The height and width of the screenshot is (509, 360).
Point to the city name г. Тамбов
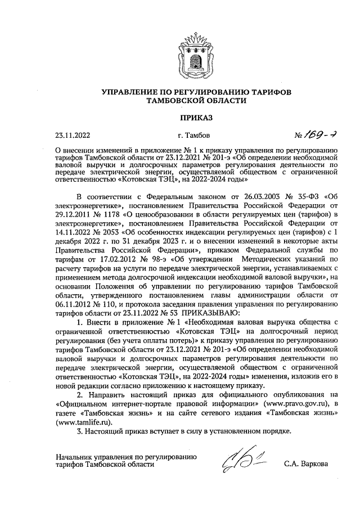coord(193,136)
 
